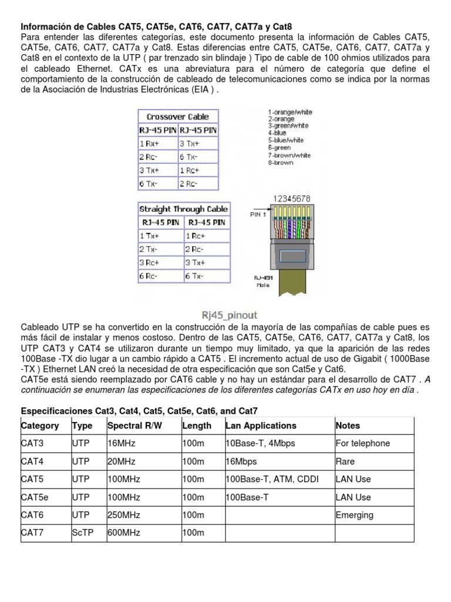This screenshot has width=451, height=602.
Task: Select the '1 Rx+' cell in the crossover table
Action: [150, 143]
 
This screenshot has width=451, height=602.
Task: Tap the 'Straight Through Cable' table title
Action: [184, 209]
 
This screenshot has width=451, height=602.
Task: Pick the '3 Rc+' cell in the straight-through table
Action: [149, 262]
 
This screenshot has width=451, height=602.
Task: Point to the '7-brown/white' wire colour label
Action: [290, 155]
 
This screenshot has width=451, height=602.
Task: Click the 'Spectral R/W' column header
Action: [132, 426]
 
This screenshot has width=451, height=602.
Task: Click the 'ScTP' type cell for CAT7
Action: [83, 533]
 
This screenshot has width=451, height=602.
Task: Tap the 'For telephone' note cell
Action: [362, 443]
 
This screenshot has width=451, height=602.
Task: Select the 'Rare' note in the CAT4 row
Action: [345, 461]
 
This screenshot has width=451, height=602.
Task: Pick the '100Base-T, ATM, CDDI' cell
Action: [272, 479]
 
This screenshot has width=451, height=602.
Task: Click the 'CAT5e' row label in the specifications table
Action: [35, 497]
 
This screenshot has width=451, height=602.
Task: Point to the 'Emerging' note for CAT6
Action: [354, 515]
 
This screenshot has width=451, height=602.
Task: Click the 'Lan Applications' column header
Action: [261, 426]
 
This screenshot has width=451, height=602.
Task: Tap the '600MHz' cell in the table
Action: [124, 533]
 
